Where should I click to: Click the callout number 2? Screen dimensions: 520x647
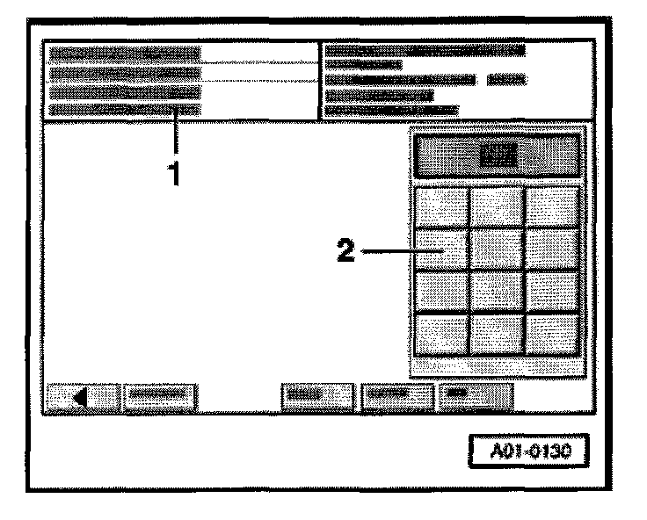click(348, 252)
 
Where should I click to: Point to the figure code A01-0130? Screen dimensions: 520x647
click(527, 454)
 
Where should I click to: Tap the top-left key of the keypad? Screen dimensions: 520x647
click(440, 207)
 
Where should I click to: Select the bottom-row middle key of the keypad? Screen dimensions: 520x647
click(497, 333)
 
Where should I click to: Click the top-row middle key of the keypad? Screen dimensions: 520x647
click(497, 207)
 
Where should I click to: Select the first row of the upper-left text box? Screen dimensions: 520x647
click(125, 54)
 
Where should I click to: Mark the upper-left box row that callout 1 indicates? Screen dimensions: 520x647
click(125, 111)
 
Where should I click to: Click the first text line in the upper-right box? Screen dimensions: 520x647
click(425, 51)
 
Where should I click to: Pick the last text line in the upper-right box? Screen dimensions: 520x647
click(392, 110)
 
